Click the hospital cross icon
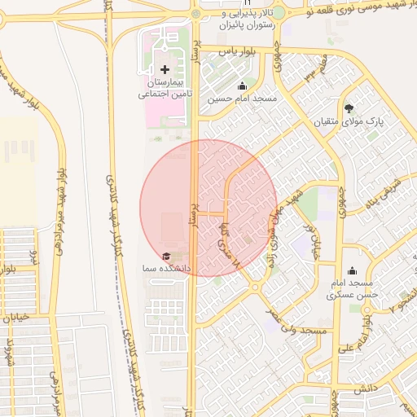click(165, 70)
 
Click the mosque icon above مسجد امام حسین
click(242, 86)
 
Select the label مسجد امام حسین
click(242, 99)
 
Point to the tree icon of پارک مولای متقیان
click(349, 108)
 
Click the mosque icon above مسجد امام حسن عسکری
click(353, 270)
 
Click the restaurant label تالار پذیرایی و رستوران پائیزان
click(260, 19)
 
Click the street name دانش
click(365, 389)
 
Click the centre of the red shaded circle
click(208, 208)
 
